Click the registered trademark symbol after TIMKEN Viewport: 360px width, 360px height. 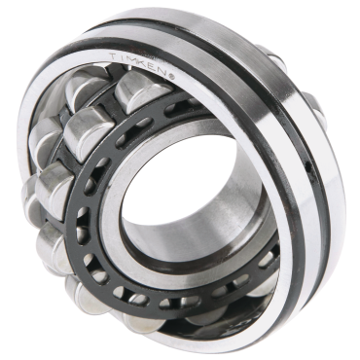172,77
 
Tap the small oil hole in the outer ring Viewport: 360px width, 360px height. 309,167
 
